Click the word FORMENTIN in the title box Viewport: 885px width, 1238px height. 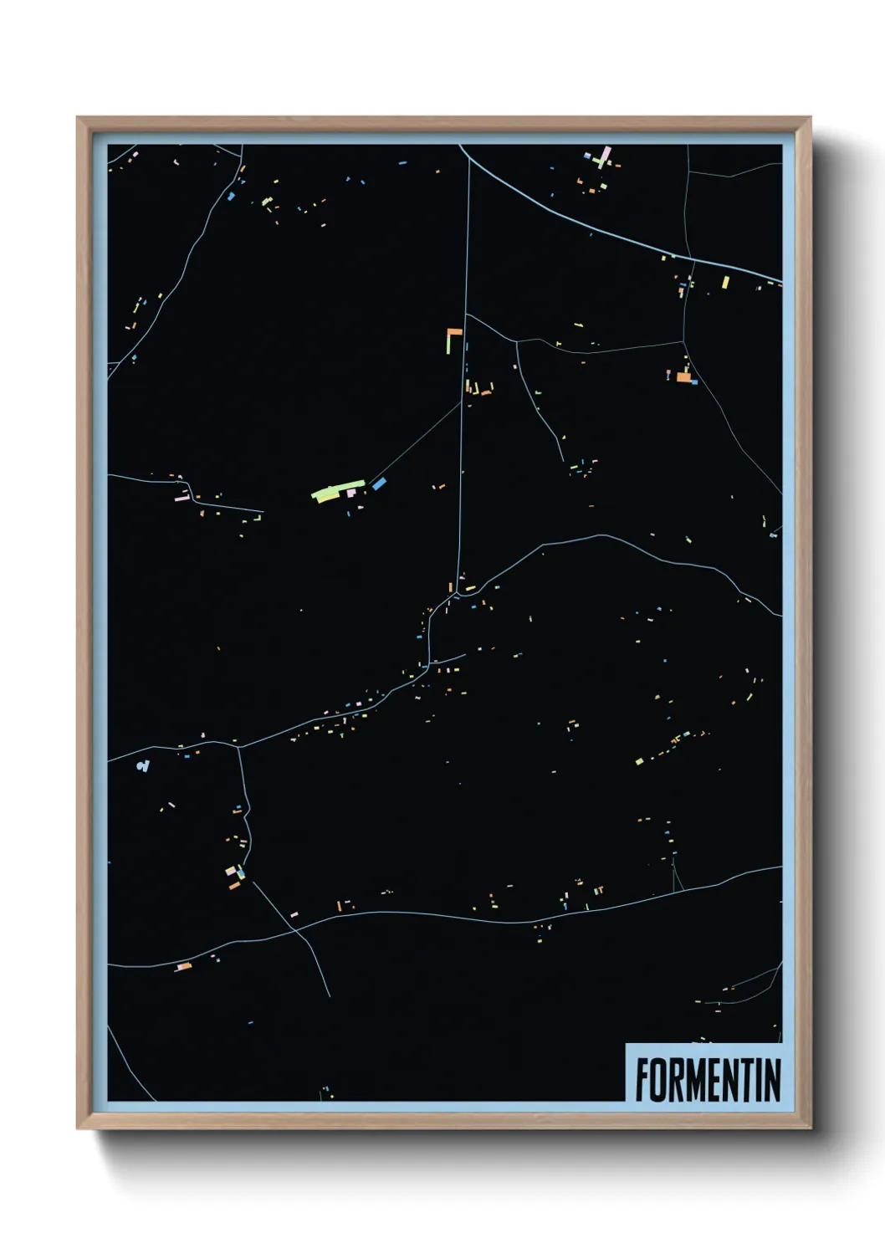708,1080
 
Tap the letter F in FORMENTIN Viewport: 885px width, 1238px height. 643,1080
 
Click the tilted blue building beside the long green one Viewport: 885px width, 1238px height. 379,483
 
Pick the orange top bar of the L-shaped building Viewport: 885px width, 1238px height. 454,331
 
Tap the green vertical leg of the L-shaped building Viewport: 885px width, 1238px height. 449,342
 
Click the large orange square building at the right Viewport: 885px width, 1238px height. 683,377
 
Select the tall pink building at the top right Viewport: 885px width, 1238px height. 606,156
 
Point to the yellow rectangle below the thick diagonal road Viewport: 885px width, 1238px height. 725,282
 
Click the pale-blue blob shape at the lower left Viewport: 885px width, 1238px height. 144,765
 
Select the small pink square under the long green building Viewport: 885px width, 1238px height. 350,494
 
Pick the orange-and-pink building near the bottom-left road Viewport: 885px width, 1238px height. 183,967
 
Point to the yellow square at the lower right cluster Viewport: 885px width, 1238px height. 639,761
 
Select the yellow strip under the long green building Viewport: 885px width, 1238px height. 326,499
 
